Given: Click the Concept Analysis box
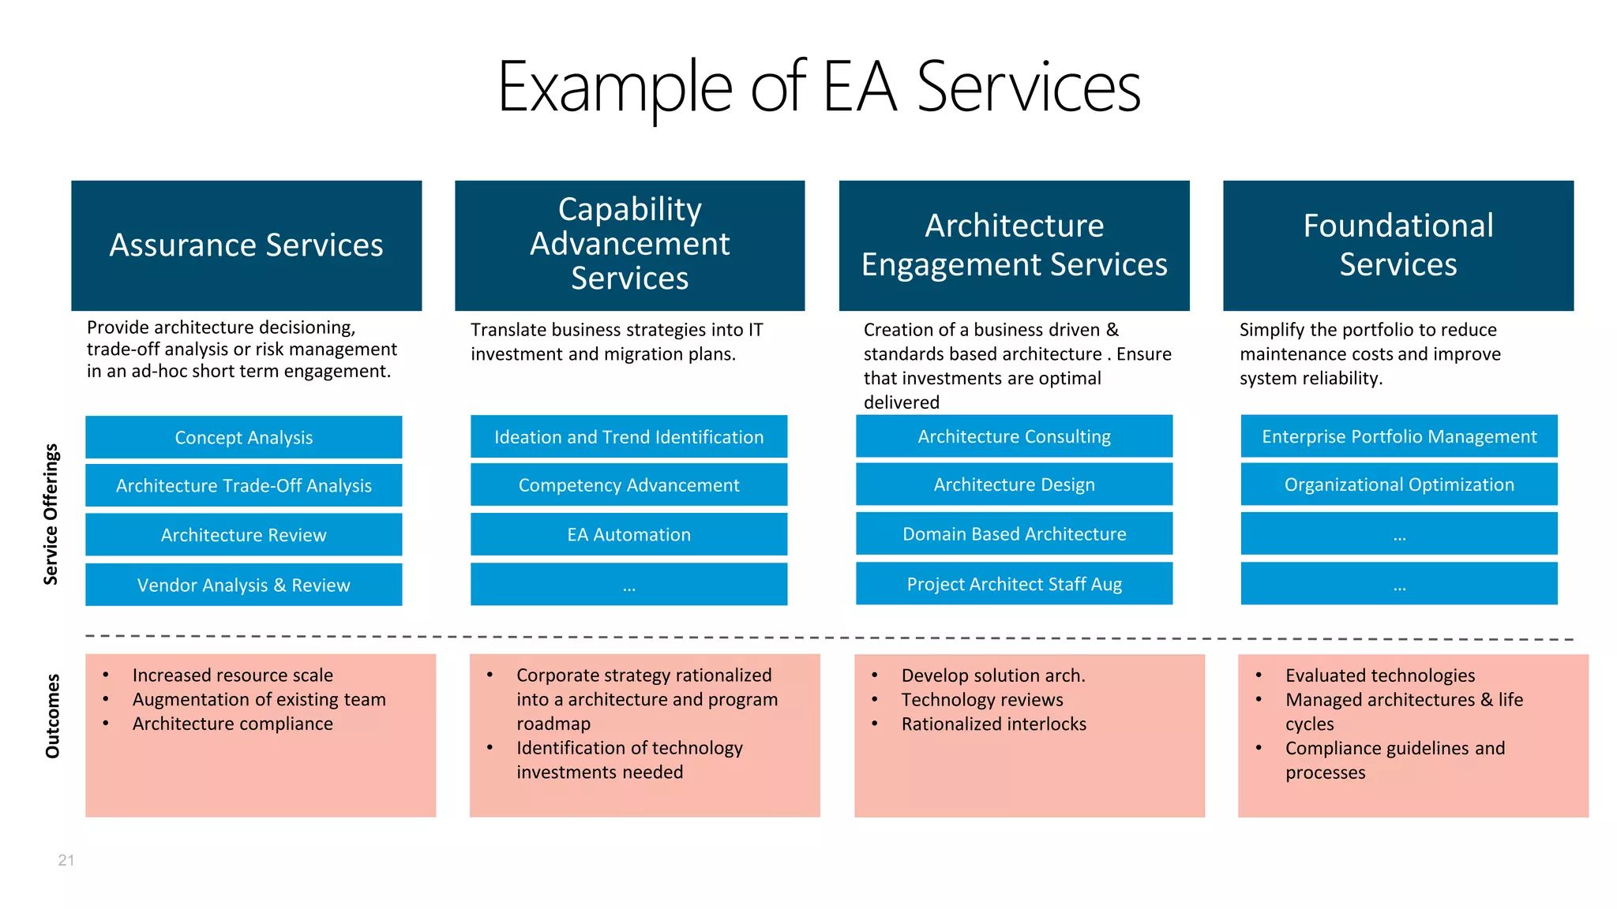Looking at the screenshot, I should click(243, 437).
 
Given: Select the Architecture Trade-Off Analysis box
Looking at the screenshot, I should click(243, 485).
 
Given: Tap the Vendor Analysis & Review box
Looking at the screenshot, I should click(243, 585).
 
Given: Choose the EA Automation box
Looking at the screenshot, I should click(628, 534).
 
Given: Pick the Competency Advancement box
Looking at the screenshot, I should click(628, 484).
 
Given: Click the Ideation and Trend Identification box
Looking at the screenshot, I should click(628, 436).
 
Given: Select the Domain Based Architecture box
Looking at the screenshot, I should click(1014, 533).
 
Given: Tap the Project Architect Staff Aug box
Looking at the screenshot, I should click(1014, 584).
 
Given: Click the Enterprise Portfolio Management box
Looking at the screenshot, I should click(1399, 436).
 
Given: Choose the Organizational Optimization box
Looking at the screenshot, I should click(1399, 484).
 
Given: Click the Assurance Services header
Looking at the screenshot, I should click(246, 245).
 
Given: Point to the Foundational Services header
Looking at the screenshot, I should click(1398, 245).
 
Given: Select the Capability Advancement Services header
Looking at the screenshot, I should click(629, 245).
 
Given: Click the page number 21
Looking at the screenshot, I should click(66, 860).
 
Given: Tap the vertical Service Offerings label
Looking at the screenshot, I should click(51, 514).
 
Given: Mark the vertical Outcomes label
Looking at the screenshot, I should click(53, 716).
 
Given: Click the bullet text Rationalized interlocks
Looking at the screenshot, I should click(993, 724).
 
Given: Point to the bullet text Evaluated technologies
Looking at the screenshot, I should click(1379, 675).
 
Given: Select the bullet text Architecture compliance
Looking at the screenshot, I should click(232, 724).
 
